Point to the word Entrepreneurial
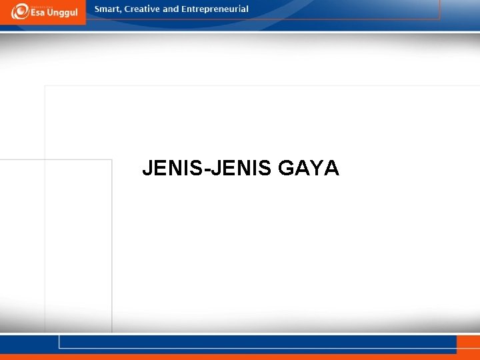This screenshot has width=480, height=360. [x=215, y=9]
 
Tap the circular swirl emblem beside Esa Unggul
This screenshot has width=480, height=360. [x=19, y=11]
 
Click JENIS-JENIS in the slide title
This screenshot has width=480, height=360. [x=207, y=169]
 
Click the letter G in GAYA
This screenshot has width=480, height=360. [x=287, y=169]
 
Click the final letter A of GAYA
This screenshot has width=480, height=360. [x=332, y=169]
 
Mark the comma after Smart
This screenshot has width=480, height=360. [x=121, y=12]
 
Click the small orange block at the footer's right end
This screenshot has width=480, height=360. [x=467, y=343]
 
